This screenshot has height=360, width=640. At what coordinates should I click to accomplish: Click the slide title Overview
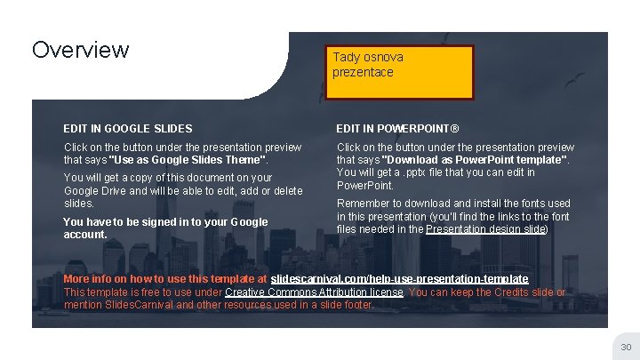click(x=80, y=50)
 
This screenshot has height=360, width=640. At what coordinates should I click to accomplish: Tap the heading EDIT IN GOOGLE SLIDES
click(x=128, y=129)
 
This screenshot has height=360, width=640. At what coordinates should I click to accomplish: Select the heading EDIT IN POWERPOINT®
click(x=397, y=129)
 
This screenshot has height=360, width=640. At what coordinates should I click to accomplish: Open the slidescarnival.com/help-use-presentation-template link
click(x=399, y=279)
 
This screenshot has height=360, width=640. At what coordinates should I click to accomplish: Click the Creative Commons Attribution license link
click(x=315, y=292)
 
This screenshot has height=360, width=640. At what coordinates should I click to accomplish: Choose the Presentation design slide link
click(x=485, y=228)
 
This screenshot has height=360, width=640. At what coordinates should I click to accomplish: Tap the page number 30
click(x=625, y=347)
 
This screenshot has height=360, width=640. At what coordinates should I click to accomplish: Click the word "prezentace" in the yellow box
click(x=363, y=72)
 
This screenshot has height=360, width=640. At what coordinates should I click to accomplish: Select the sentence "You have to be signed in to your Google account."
click(x=165, y=228)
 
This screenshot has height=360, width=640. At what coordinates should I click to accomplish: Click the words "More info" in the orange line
click(x=88, y=279)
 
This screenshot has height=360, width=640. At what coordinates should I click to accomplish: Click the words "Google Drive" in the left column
click(x=98, y=191)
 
